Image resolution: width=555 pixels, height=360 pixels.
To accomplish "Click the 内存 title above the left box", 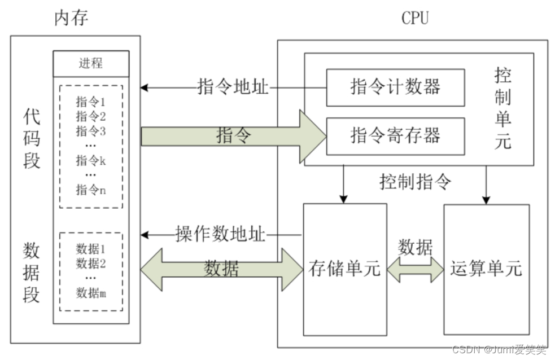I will (71, 18).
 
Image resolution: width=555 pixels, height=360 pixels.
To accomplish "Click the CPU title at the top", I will (415, 18).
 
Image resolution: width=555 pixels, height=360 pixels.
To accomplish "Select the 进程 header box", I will (91, 63).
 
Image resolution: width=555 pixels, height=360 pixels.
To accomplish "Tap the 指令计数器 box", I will (395, 87).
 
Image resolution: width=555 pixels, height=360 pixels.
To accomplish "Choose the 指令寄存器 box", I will (395, 135).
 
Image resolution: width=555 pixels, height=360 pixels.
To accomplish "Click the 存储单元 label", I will (344, 269).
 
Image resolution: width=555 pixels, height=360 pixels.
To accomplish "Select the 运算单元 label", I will (486, 269).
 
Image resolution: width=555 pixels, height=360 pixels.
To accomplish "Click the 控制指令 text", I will (416, 182).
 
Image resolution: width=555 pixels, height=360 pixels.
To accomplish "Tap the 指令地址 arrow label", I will (233, 87).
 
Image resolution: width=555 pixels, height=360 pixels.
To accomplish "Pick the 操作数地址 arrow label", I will (220, 234).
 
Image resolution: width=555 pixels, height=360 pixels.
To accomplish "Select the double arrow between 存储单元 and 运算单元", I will (416, 269).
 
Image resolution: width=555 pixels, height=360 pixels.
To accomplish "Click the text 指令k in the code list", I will (91, 161).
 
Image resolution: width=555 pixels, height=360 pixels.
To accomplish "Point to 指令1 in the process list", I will (91, 102).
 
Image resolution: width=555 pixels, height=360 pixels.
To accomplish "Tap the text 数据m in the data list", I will (91, 292).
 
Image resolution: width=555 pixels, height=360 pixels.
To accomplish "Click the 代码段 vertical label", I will (32, 138).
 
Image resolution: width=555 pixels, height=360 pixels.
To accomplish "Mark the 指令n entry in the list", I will (91, 190).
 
